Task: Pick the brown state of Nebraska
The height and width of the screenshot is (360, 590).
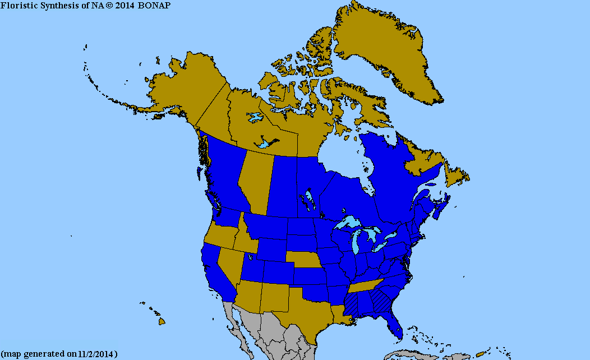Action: click(306, 262)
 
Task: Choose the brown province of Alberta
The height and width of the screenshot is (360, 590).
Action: click(255, 179)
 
